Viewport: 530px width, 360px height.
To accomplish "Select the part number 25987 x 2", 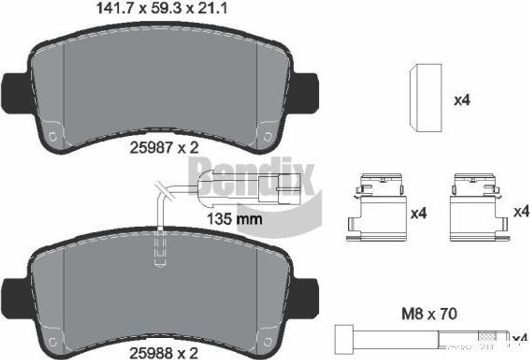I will pos(164,148).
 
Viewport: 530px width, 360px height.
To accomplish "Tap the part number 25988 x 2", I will pos(164,353).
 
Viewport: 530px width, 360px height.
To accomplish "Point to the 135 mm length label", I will pos(234,219).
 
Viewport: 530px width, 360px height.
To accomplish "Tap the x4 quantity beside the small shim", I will pos(461,100).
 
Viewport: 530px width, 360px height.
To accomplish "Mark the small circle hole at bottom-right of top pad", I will pos(267,137).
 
